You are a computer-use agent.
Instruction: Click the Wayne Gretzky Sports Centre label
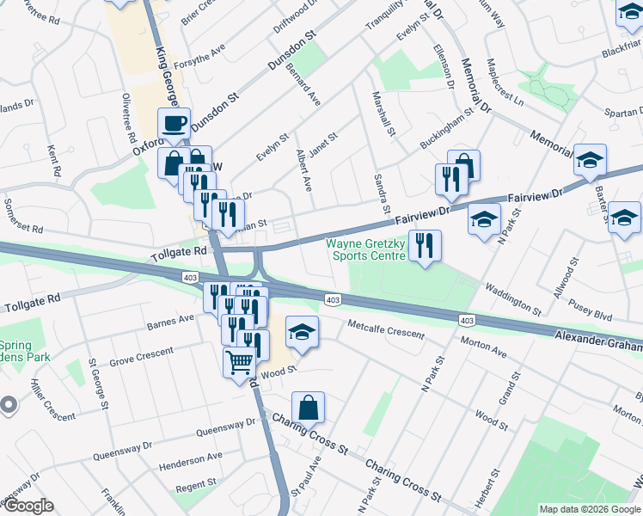pos(365,249)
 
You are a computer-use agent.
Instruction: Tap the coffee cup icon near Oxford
pos(174,123)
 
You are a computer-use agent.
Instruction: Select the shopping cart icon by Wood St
pos(239,361)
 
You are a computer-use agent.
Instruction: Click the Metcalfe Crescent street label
pos(386,329)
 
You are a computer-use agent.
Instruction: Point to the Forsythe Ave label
pos(198,54)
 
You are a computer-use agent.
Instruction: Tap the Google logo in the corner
pos(28,506)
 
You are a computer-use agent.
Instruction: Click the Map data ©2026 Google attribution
pos(589,509)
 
